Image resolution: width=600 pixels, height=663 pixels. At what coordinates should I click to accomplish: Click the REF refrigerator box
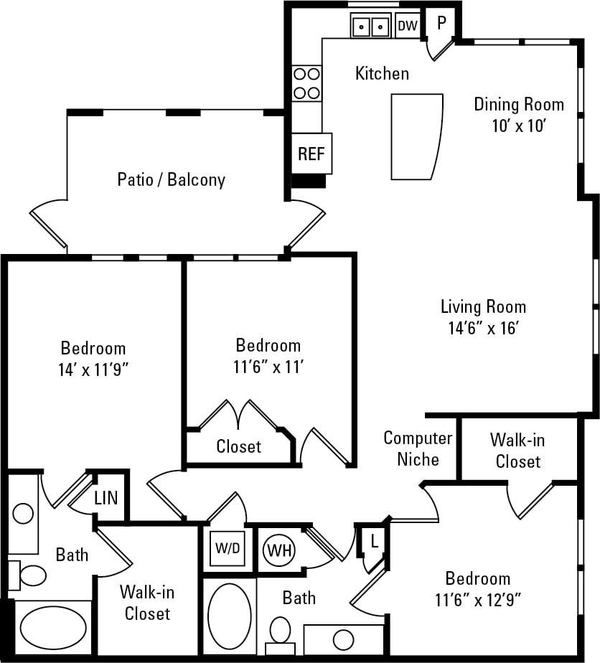311,154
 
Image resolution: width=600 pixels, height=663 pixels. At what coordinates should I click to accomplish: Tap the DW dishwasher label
407,26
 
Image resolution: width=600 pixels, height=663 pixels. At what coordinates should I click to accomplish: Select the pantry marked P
441,22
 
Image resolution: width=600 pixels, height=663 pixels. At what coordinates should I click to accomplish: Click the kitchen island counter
416,136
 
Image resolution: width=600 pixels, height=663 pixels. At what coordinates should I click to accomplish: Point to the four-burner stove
306,83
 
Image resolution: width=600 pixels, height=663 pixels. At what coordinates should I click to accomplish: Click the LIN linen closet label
106,498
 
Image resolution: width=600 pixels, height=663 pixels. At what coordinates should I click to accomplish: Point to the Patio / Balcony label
171,179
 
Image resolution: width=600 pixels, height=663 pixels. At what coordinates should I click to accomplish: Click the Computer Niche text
418,448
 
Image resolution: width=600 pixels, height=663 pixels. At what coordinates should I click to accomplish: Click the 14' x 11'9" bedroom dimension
93,370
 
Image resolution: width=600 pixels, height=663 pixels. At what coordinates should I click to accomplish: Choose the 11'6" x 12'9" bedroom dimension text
478,598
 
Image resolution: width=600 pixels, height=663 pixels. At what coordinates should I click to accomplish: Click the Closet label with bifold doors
239,446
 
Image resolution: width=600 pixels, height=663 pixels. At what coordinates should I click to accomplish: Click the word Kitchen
382,73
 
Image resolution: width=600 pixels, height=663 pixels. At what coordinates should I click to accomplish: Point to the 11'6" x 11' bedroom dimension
268,366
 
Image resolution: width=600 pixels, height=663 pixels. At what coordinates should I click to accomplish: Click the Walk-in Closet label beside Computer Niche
517,450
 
